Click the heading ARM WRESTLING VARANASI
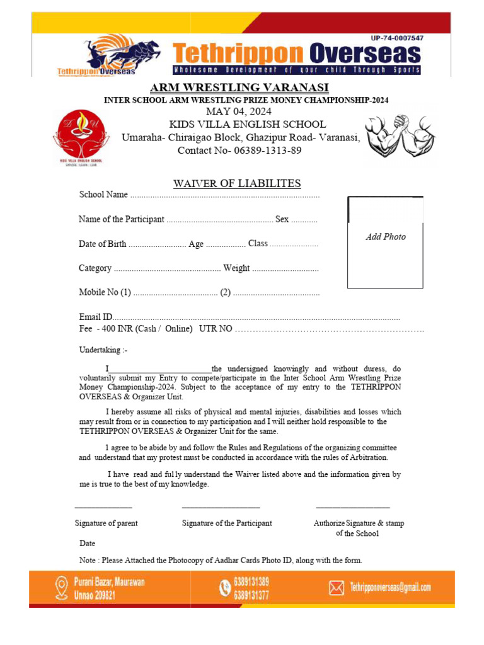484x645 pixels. click(239, 87)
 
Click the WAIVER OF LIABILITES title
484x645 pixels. click(237, 184)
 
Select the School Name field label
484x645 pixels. click(103, 195)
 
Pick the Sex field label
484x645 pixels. click(282, 219)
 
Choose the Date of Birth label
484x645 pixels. click(102, 244)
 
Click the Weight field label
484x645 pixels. click(236, 268)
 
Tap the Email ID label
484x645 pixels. click(95, 317)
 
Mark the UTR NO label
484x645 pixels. click(216, 329)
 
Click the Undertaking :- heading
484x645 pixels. click(103, 350)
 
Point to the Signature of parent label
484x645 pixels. click(106, 523)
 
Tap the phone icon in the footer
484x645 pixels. click(224, 588)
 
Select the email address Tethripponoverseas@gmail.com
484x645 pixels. click(390, 588)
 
